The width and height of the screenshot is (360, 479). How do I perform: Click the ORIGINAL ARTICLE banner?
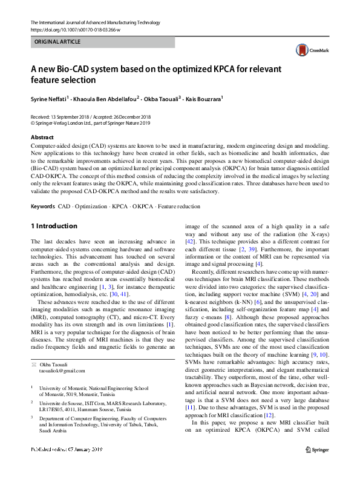pyautogui.click(x=102, y=42)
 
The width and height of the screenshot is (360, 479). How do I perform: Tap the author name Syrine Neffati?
pyautogui.click(x=49, y=97)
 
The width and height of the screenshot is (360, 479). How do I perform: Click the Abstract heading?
pyautogui.click(x=42, y=137)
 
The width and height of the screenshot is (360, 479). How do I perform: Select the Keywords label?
pyautogui.click(x=42, y=206)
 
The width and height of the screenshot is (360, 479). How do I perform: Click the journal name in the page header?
pyautogui.click(x=95, y=22)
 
